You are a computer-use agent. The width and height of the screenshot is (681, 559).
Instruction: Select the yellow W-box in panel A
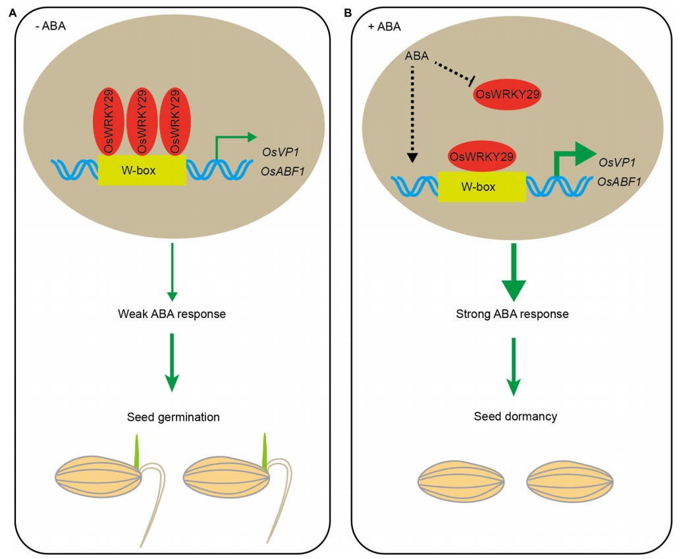(142, 170)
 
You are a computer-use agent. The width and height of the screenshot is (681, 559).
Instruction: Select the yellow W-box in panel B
(481, 186)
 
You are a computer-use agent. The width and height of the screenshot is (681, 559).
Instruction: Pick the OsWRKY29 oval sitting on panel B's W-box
(481, 157)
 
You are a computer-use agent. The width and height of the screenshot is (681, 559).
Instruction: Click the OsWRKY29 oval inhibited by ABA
(507, 95)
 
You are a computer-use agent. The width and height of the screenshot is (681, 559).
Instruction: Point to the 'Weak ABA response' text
(171, 313)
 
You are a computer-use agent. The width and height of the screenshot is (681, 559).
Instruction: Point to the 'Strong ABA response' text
(512, 314)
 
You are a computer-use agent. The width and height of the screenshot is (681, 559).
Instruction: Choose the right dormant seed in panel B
(571, 483)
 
